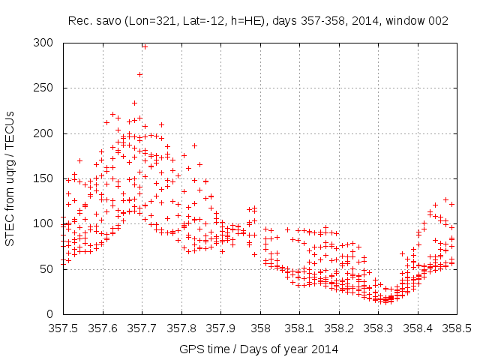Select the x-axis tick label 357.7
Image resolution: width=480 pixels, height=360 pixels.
point(142,328)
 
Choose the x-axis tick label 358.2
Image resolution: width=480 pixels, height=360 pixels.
point(339,328)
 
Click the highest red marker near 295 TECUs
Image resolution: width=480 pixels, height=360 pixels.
point(145,46)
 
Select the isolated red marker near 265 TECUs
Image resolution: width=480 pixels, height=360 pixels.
point(139,74)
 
